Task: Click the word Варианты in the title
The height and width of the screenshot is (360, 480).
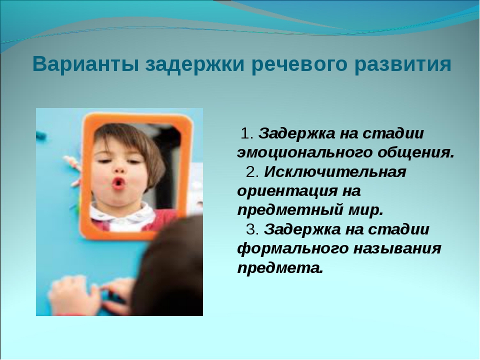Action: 85,64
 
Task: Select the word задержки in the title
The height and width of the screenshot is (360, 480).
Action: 194,65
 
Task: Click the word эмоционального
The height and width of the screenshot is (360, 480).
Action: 303,153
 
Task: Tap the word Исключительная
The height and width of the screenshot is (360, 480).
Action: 335,172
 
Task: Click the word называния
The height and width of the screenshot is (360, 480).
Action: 397,248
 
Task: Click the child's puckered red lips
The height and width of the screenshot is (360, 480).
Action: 118,183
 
